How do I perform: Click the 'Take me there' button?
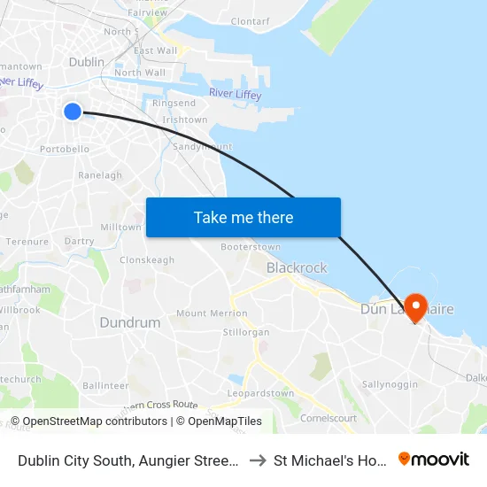click(x=243, y=217)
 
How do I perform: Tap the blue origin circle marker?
click(x=73, y=111)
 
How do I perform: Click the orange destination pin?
click(x=414, y=306)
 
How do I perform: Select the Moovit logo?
click(x=434, y=459)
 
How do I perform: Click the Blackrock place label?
click(x=297, y=267)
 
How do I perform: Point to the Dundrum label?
click(x=129, y=322)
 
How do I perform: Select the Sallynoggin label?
click(x=390, y=384)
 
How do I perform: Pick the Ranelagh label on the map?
click(x=100, y=175)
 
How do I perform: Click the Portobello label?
click(x=65, y=149)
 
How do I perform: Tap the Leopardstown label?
click(x=260, y=393)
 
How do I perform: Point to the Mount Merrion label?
click(x=212, y=313)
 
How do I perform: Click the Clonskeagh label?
click(x=147, y=260)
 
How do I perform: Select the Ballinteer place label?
click(x=105, y=386)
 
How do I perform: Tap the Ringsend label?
click(x=174, y=104)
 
